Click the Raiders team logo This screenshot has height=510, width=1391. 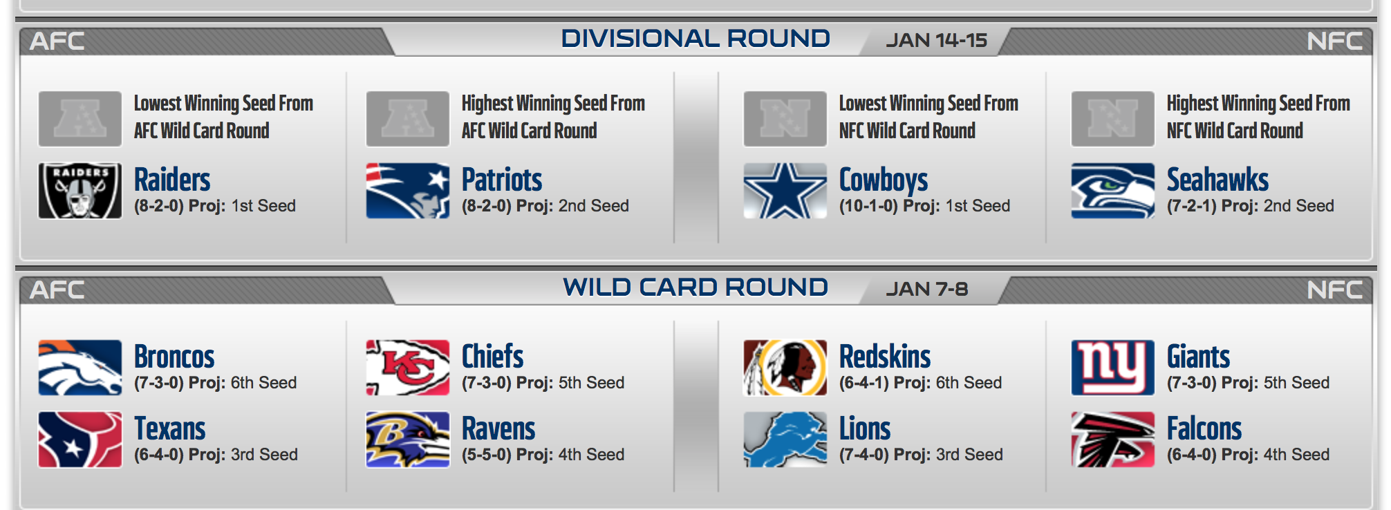pyautogui.click(x=80, y=191)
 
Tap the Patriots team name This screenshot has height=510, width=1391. pyautogui.click(x=502, y=180)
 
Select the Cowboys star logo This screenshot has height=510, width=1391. pyautogui.click(x=785, y=191)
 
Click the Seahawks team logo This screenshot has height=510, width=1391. pyautogui.click(x=1112, y=191)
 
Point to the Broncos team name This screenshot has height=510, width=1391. pyautogui.click(x=174, y=357)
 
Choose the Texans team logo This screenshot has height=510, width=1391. pyautogui.click(x=80, y=440)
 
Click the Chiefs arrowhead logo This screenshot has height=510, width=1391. pyautogui.click(x=407, y=368)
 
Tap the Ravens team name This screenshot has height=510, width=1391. pyautogui.click(x=498, y=428)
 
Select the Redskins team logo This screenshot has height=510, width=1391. pyautogui.click(x=785, y=368)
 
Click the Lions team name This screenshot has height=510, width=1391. pyautogui.click(x=865, y=428)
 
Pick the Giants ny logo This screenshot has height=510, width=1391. pyautogui.click(x=1112, y=368)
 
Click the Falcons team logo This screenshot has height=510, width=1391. pyautogui.click(x=1112, y=440)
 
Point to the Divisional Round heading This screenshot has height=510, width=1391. pyautogui.click(x=695, y=39)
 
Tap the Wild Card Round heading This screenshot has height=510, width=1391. pyautogui.click(x=695, y=287)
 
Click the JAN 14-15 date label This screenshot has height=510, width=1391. pyautogui.click(x=937, y=40)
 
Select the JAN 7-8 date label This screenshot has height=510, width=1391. pyautogui.click(x=927, y=289)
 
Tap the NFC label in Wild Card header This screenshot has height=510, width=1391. pyautogui.click(x=1335, y=290)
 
